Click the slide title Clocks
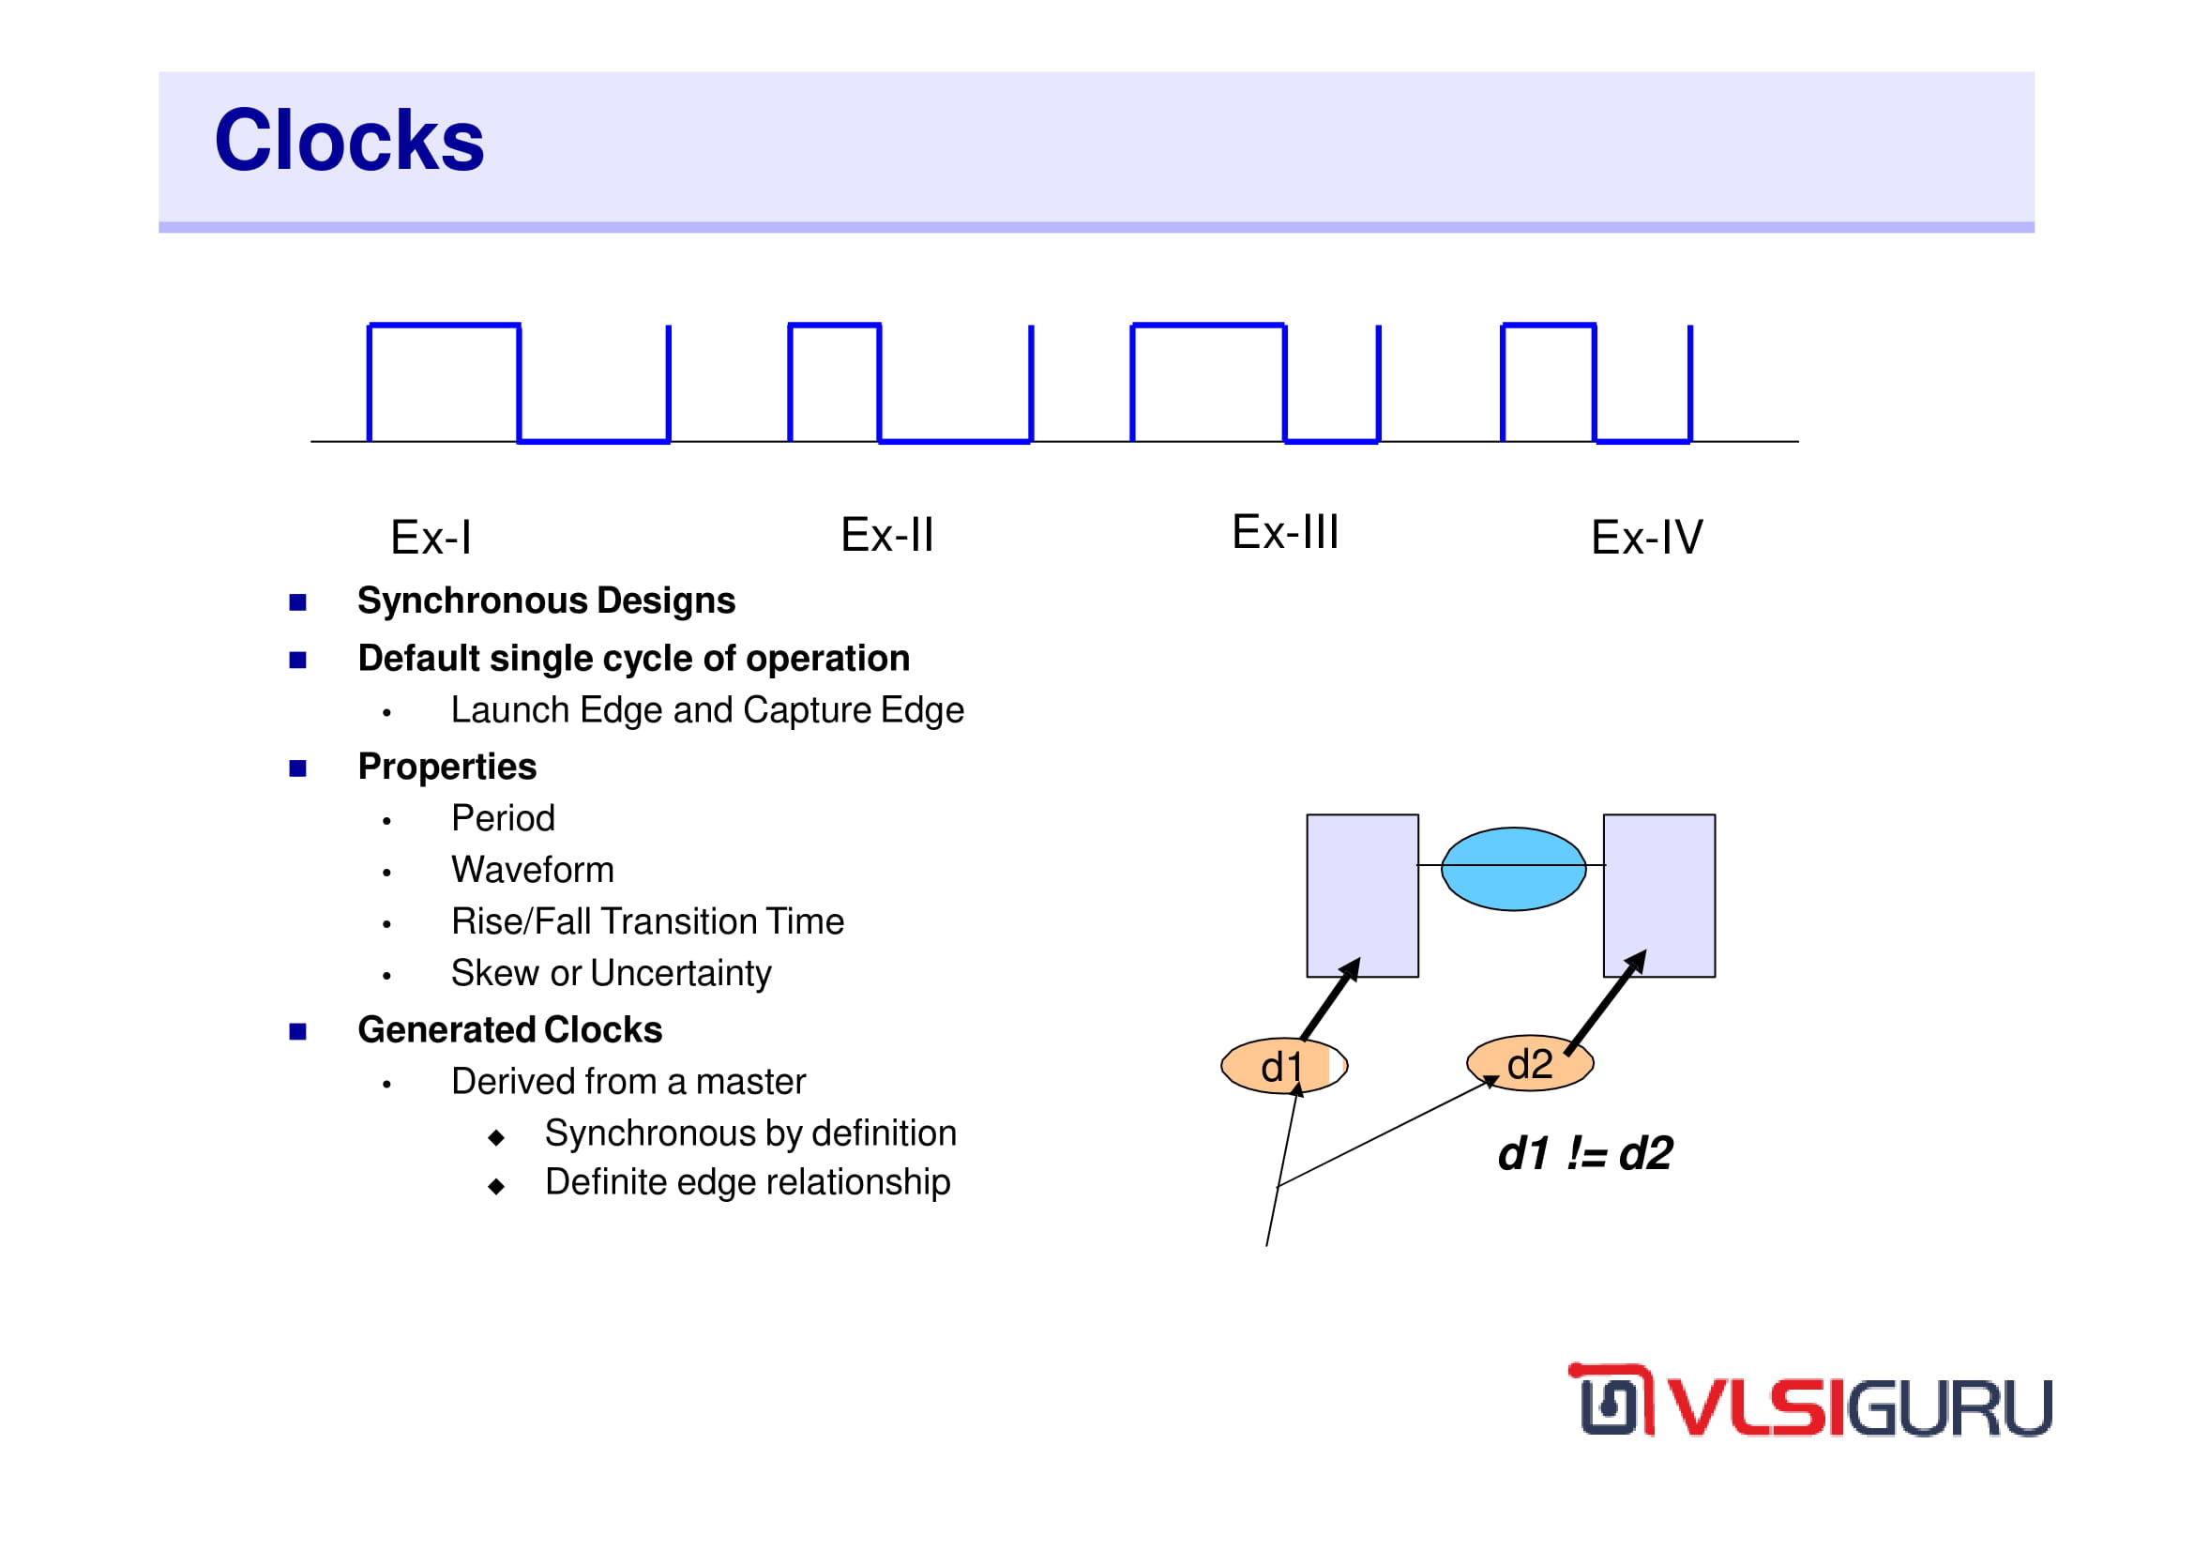click(x=350, y=141)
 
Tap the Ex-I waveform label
click(x=431, y=537)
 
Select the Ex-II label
click(x=886, y=534)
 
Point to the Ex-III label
click(x=1285, y=531)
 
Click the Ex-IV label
click(x=1646, y=537)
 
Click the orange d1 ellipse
click(x=1284, y=1067)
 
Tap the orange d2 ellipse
click(x=1530, y=1064)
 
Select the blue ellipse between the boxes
click(x=1514, y=869)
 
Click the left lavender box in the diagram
click(x=1363, y=895)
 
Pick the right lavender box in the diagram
click(x=1659, y=895)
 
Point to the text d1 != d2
click(x=1585, y=1153)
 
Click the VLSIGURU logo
click(x=1809, y=1401)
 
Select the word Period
click(x=503, y=818)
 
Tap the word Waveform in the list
click(x=532, y=870)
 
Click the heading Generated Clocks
click(x=509, y=1029)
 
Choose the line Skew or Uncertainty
click(x=611, y=973)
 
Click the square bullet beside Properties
click(x=298, y=768)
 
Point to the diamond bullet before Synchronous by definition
click(x=496, y=1137)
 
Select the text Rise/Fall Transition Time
click(x=647, y=921)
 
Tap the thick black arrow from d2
click(x=1606, y=1002)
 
